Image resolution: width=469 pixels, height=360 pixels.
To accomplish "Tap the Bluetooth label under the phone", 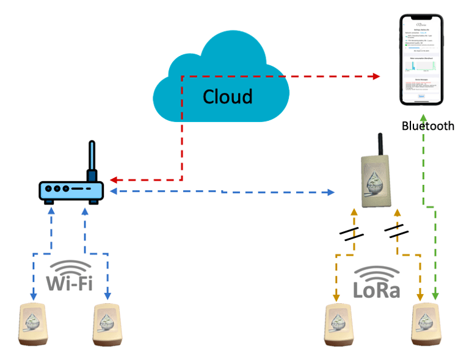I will click(427, 126).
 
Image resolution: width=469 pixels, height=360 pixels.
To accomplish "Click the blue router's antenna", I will click(92, 160).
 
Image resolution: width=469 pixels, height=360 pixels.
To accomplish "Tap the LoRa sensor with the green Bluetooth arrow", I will click(426, 323).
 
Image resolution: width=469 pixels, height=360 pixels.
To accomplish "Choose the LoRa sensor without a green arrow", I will click(339, 323).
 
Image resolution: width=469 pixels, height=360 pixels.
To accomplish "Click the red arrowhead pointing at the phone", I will click(376, 76).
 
